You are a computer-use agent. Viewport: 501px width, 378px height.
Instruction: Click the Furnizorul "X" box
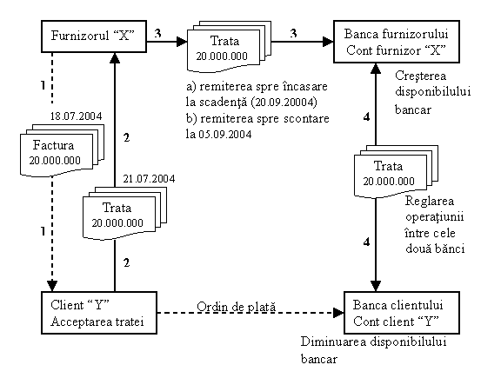click(94, 36)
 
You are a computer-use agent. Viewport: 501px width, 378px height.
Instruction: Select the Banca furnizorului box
click(397, 42)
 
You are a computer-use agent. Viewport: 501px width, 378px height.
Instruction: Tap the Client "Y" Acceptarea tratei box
click(99, 313)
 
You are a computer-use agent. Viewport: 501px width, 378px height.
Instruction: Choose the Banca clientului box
click(402, 313)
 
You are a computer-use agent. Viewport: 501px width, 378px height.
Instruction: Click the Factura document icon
click(63, 150)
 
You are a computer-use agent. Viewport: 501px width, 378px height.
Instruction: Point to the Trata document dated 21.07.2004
click(125, 213)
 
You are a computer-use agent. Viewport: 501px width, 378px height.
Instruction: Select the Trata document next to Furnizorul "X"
click(229, 47)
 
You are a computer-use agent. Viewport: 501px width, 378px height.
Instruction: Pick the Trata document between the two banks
click(397, 172)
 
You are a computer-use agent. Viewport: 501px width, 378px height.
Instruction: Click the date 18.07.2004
click(76, 116)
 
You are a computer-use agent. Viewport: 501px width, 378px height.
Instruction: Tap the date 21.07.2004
click(150, 178)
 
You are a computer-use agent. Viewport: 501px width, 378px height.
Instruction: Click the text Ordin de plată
click(236, 307)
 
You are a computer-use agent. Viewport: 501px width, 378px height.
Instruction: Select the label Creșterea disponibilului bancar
click(433, 93)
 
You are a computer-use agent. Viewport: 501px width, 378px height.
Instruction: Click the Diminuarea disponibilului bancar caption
click(373, 350)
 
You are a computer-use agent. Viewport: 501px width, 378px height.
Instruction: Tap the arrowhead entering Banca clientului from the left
click(338, 313)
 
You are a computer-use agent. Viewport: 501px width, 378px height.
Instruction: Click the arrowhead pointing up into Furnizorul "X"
click(115, 57)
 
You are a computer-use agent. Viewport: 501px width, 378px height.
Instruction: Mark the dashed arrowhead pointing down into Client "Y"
click(52, 286)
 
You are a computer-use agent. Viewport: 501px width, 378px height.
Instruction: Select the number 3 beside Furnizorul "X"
click(157, 33)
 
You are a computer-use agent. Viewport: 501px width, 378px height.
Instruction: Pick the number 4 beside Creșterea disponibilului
click(367, 116)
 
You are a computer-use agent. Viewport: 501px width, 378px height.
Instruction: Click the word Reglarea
click(430, 202)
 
